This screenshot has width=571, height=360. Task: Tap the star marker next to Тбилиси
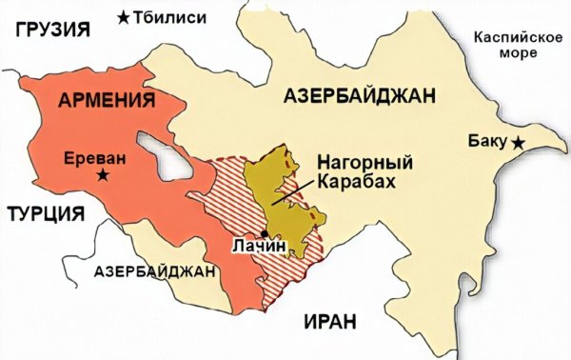126,16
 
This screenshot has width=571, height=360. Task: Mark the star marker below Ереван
102,175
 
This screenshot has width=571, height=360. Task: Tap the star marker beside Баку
517,143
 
